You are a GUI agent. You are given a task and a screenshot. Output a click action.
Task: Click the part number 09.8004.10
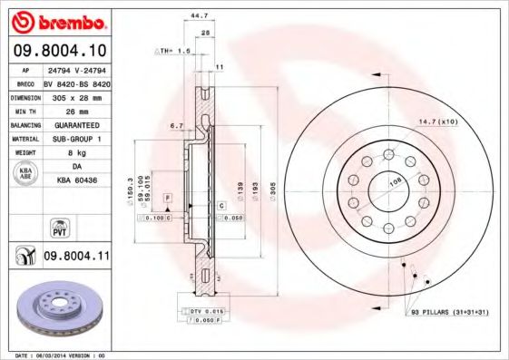[62, 51]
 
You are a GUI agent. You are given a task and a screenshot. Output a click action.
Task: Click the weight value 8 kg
[76, 153]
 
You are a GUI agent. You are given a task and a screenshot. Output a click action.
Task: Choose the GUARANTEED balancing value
[76, 124]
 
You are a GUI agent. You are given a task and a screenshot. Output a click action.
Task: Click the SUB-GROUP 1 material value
[76, 139]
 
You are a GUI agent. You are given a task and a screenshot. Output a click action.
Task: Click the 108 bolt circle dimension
[396, 181]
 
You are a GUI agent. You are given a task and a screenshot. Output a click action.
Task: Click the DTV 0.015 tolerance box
[207, 311]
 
